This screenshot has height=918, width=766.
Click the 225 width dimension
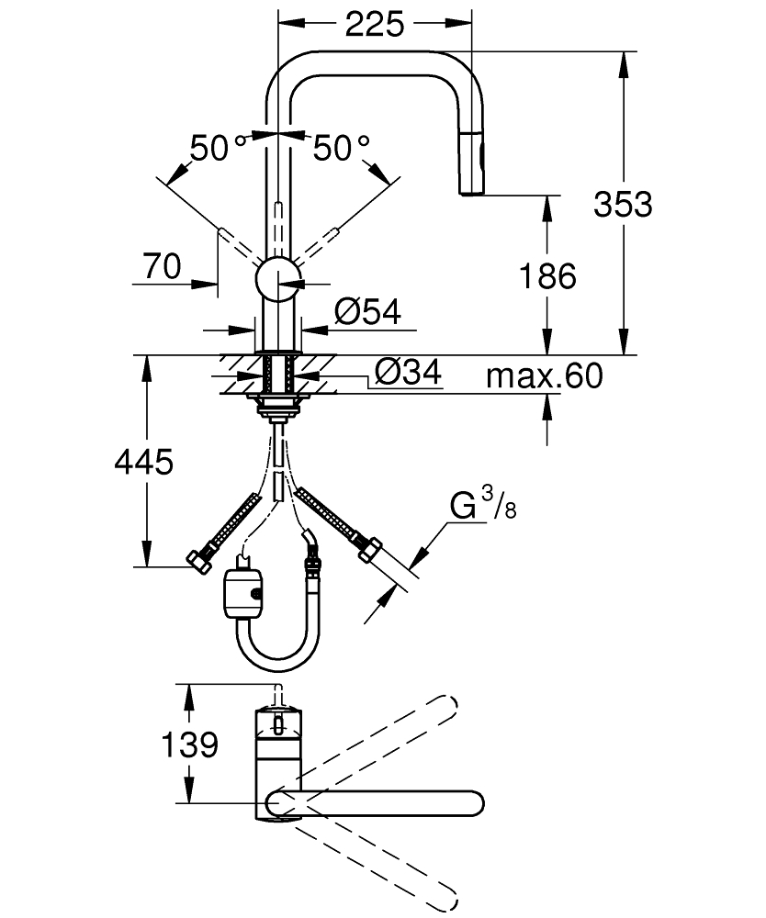[x=375, y=25]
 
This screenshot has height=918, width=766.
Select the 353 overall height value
[x=623, y=204]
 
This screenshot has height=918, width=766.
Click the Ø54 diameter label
[x=367, y=313]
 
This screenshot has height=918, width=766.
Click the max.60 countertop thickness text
[x=545, y=375]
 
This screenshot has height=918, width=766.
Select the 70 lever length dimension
[x=162, y=266]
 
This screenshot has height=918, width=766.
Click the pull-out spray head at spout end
[x=470, y=165]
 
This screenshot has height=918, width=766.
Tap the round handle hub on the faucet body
[x=276, y=277]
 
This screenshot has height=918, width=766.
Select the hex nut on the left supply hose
[x=198, y=559]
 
